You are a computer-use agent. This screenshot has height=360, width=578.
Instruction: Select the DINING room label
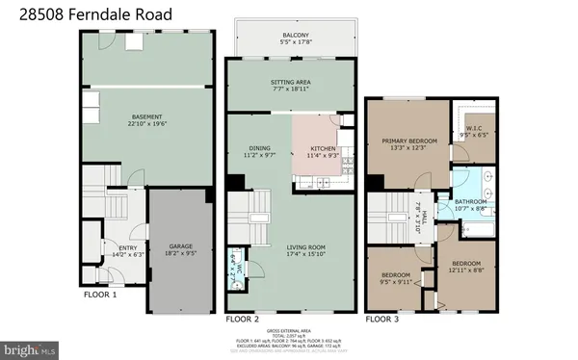point(258,148)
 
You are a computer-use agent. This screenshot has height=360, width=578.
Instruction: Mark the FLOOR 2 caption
point(242,318)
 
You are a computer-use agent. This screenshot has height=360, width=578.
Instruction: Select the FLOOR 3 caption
point(381,318)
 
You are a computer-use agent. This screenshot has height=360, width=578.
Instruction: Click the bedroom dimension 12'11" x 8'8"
point(466,269)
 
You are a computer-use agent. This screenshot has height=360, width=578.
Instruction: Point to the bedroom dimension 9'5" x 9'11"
point(397,282)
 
